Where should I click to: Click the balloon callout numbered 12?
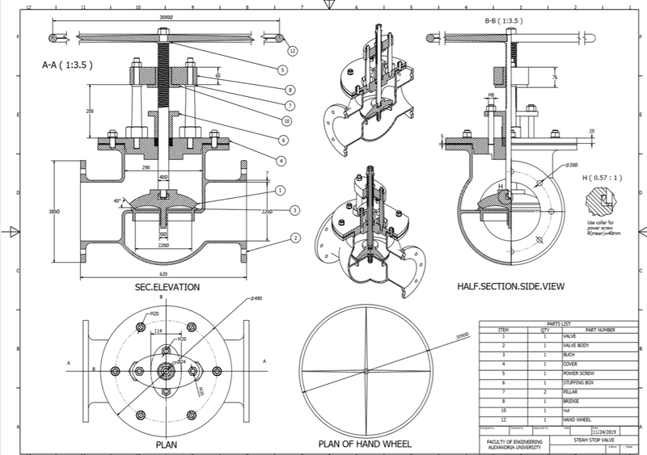click(x=293, y=51)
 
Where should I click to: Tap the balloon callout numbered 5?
click(x=283, y=70)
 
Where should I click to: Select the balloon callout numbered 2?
click(x=296, y=238)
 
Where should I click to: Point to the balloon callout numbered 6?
click(x=286, y=119)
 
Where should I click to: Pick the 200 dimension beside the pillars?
click(x=90, y=111)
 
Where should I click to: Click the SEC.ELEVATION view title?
click(x=167, y=287)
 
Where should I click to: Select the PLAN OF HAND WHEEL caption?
click(x=365, y=444)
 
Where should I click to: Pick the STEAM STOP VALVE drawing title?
click(x=597, y=440)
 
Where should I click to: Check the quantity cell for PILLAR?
click(x=533, y=391)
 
